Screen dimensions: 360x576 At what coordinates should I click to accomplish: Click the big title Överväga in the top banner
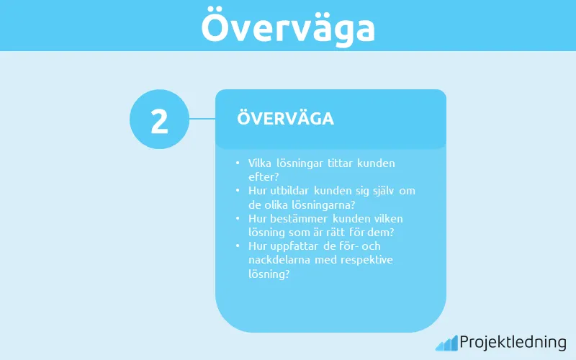[288, 27]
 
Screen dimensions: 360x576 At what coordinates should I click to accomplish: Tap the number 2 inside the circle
[159, 120]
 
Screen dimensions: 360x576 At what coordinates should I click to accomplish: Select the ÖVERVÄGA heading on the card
[285, 119]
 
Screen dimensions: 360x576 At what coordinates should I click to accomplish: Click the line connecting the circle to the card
[202, 119]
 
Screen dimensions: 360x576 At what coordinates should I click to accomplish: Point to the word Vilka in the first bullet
[260, 163]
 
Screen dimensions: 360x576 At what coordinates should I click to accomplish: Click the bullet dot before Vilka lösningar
[238, 164]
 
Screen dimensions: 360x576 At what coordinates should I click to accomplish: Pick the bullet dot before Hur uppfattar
[238, 246]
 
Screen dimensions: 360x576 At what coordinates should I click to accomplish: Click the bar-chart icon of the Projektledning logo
[446, 343]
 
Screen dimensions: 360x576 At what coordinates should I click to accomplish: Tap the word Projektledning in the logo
[513, 342]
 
